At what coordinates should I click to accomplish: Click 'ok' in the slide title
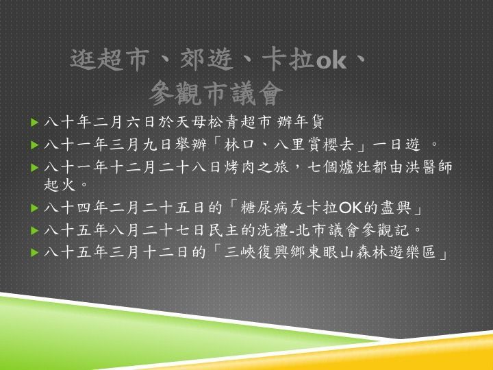click(331, 61)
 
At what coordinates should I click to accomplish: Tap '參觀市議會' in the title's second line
click(216, 93)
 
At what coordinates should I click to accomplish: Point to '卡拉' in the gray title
click(288, 59)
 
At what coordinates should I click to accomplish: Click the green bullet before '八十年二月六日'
click(35, 123)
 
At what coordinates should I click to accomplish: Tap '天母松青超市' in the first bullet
click(223, 122)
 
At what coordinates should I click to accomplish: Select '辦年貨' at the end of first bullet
click(301, 122)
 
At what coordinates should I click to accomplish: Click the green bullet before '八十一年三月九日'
click(35, 145)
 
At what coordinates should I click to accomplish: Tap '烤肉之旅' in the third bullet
click(256, 167)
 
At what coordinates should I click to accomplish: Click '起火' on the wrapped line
click(60, 185)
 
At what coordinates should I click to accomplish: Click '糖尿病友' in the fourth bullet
click(273, 208)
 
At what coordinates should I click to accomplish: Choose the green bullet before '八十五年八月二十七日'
click(35, 231)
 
